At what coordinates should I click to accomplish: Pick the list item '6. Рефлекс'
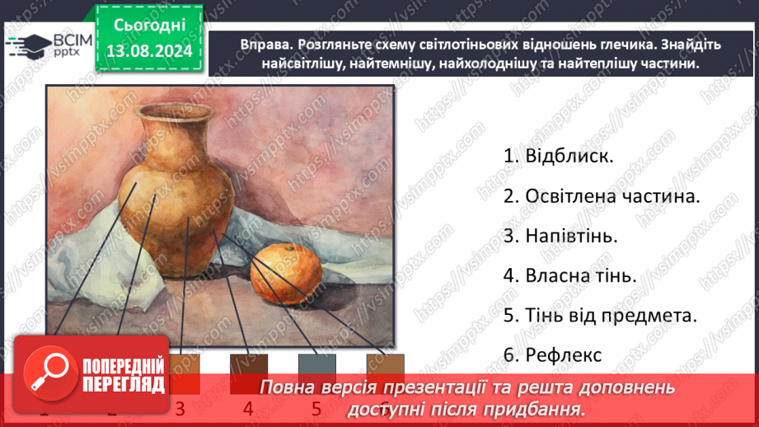552,354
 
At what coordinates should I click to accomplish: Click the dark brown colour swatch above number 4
249,368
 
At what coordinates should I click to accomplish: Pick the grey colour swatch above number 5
317,368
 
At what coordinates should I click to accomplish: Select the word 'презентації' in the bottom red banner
436,387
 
